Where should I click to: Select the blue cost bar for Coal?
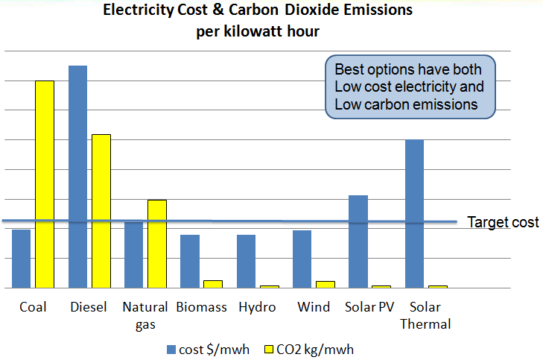(22, 259)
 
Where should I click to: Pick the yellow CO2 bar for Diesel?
(101, 211)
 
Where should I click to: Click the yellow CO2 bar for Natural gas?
(156, 244)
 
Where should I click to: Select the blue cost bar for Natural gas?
(134, 255)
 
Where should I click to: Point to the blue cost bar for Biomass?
(190, 261)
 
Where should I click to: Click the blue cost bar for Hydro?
(246, 261)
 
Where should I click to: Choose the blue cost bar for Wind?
(302, 259)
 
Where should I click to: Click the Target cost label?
(502, 222)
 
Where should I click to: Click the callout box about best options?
(409, 87)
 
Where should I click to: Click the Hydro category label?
(257, 307)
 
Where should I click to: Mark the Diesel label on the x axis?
(89, 307)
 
